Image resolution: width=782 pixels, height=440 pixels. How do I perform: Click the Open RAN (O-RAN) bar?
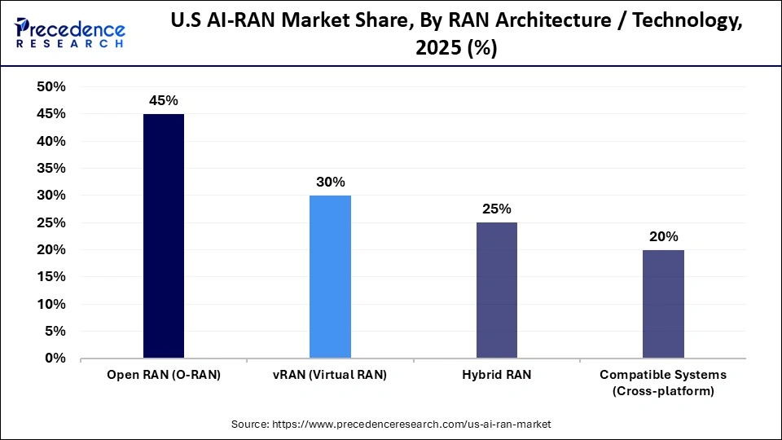coord(163,236)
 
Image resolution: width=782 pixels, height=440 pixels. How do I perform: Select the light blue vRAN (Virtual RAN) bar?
coord(330,277)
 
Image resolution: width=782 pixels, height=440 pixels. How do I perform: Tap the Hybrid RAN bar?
coord(496,290)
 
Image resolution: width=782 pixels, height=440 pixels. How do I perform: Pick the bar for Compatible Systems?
coord(663,304)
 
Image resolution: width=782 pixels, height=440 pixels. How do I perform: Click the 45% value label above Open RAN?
coord(163,100)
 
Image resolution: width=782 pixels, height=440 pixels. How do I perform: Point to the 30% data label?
coord(330,182)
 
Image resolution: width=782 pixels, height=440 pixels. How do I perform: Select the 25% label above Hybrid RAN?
coord(496,209)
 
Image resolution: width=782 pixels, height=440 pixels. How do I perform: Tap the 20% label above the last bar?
coord(663,236)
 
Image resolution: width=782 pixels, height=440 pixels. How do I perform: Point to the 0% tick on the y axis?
coord(55,359)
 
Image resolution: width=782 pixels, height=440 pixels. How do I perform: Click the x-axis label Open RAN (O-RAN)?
coord(163,375)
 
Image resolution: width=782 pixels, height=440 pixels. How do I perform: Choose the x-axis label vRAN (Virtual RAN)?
coord(330,375)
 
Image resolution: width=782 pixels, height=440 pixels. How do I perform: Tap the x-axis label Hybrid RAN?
coord(496,375)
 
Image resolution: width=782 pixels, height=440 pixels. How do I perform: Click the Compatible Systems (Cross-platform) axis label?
coord(663,383)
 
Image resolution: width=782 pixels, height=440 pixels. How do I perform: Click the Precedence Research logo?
coord(70,33)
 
